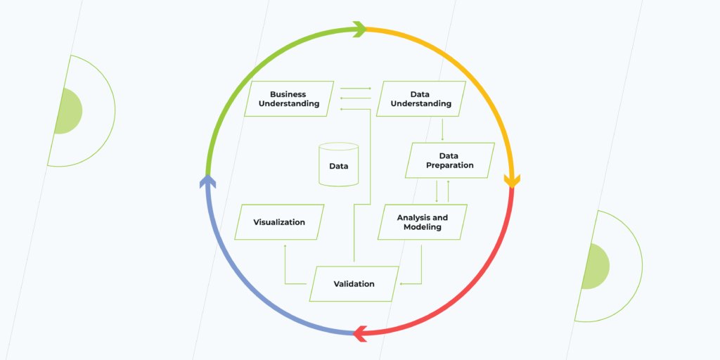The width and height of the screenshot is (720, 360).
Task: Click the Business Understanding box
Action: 289,99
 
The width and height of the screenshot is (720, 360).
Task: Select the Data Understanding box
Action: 420,99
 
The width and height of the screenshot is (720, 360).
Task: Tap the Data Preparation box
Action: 449,160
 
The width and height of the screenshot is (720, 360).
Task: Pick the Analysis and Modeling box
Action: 422,222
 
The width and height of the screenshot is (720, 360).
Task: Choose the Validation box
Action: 354,284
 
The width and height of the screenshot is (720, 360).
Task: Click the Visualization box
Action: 279,222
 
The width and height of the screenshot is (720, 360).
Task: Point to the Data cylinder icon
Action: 338,166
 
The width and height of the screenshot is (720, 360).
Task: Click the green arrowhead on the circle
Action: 359,29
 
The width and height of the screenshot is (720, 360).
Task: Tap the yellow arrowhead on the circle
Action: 512,181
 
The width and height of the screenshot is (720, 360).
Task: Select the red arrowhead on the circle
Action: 361,333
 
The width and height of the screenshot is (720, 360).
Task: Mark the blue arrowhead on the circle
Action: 207,181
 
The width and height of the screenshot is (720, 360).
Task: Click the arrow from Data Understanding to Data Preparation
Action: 442,129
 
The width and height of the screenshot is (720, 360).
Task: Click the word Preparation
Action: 449,165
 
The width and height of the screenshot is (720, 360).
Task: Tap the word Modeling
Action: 422,227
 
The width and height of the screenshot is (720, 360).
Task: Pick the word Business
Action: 288,94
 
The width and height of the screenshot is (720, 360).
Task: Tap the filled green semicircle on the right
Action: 596,266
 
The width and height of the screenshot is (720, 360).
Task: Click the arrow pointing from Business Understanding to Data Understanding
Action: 355,89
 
